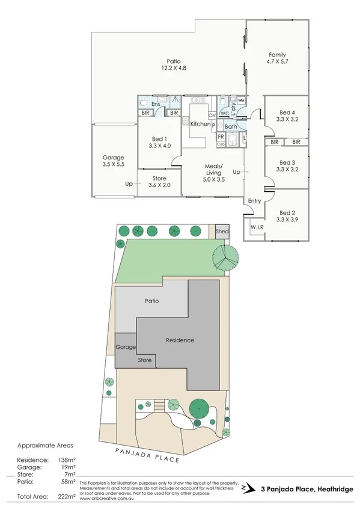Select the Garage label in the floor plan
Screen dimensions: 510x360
113,157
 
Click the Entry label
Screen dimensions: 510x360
254,201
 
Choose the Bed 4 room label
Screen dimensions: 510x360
288,112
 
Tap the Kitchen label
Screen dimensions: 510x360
200,123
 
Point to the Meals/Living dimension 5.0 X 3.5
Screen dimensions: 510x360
213,179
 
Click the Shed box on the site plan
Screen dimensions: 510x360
222,232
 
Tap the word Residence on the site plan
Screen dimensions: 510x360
180,340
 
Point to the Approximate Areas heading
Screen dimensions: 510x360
46,446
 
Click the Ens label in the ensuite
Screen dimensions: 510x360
155,104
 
